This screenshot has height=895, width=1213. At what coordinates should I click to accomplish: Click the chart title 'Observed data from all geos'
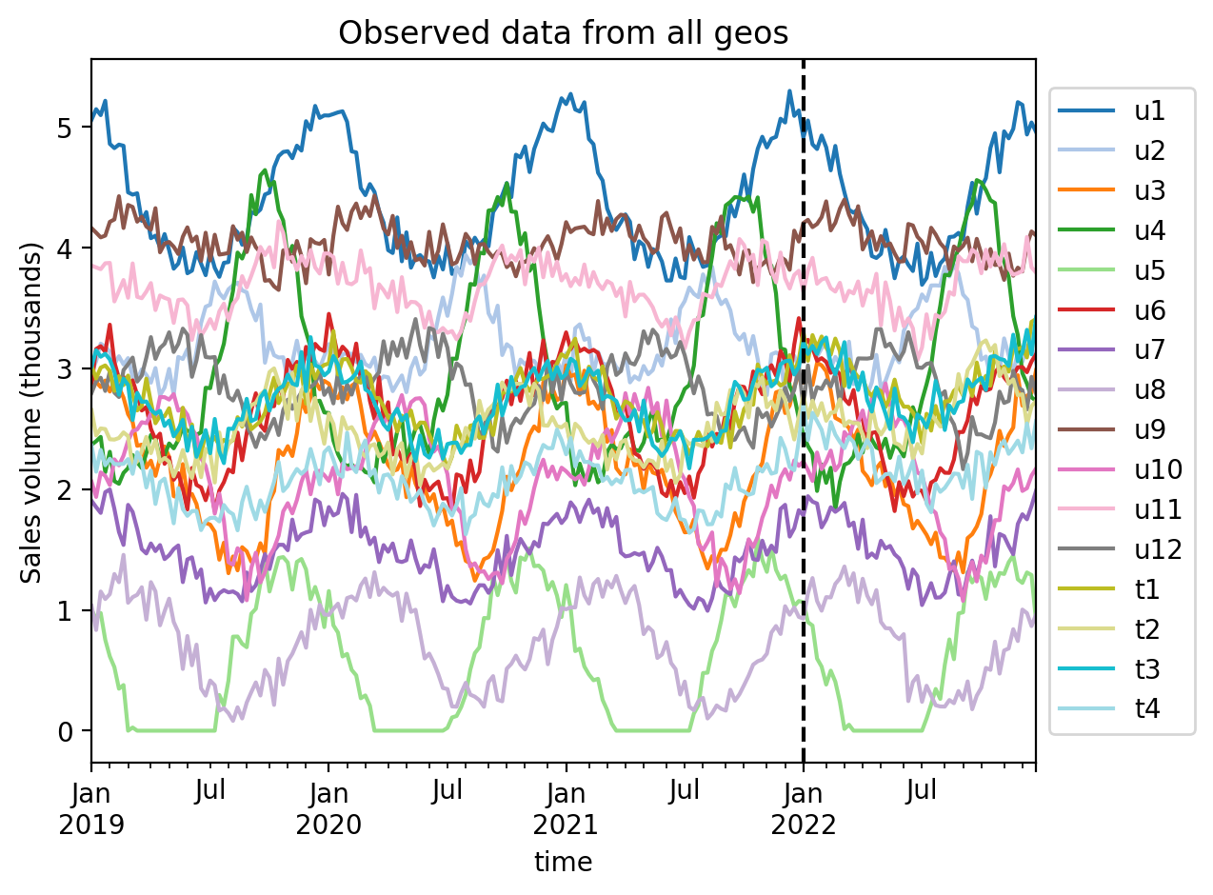click(564, 33)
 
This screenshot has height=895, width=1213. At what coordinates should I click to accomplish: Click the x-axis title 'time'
click(563, 863)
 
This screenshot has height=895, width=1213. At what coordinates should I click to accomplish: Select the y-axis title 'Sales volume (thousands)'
click(32, 412)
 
